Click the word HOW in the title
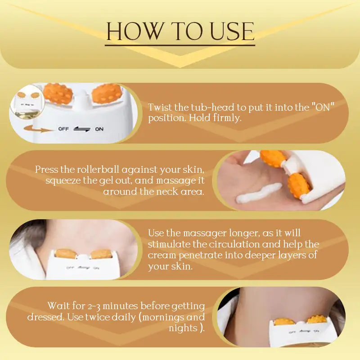135,31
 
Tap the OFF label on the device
63,129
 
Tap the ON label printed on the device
99,129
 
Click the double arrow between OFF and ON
82,129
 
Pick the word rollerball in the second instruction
98,170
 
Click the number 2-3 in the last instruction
94,306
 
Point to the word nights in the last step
183,328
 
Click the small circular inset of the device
27,102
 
